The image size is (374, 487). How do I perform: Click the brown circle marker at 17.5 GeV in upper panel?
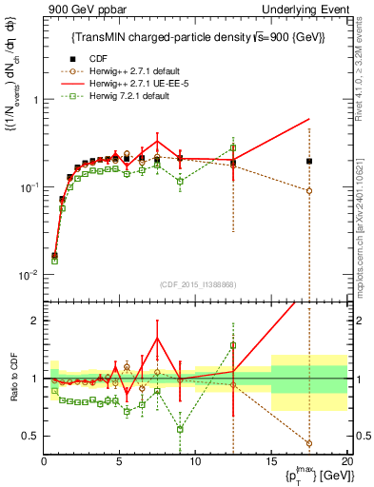point(309,190)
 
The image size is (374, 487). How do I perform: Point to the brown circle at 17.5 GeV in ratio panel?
point(309,442)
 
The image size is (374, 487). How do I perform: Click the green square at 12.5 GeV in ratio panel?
point(233,344)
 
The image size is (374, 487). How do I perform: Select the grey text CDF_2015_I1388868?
point(196,284)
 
